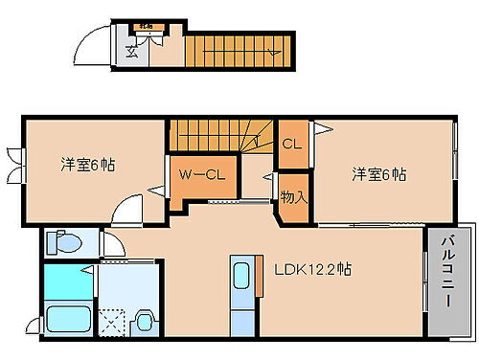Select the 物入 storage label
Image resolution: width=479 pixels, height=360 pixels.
coord(293,196)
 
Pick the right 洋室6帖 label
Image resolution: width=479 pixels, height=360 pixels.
coord(378,173)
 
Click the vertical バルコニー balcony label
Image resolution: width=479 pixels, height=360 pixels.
coord(446,284)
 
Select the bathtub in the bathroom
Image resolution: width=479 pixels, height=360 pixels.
coord(67,319)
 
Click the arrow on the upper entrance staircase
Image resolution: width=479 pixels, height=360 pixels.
coord(274,46)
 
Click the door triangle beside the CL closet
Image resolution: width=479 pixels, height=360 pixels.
coord(325,127)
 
